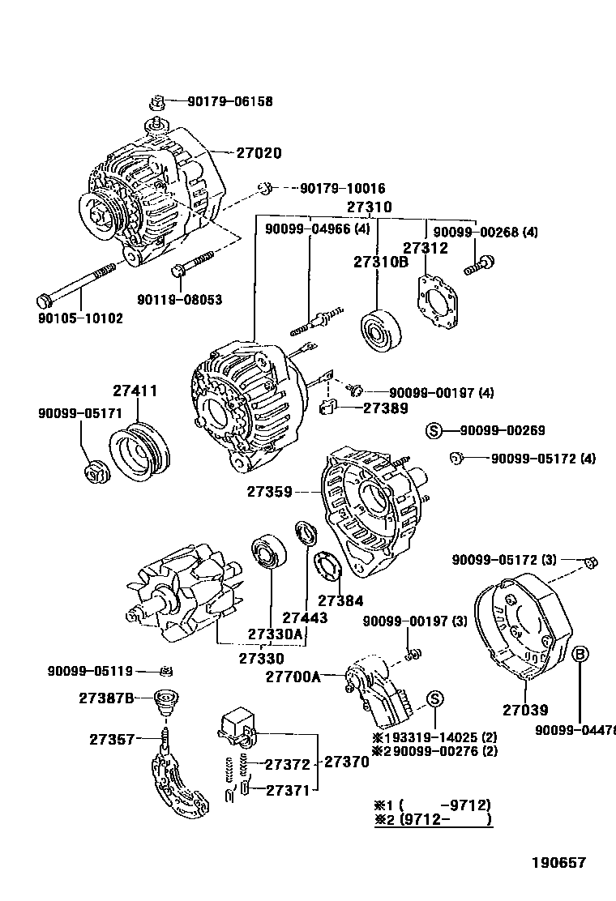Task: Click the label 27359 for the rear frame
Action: [271, 491]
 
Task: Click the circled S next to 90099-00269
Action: [435, 430]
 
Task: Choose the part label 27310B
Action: [380, 262]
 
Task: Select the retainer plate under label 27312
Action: [438, 305]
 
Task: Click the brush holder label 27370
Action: [346, 762]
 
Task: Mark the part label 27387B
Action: [105, 697]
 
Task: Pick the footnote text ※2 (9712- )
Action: [433, 820]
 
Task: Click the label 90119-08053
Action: [179, 300]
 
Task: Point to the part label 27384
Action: [340, 600]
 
